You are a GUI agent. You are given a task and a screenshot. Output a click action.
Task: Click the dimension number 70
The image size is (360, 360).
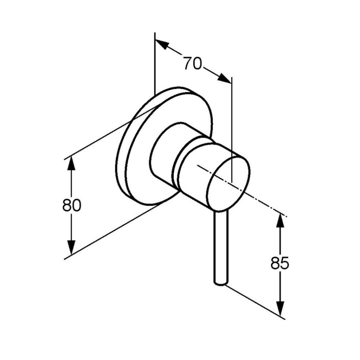pyautogui.click(x=192, y=63)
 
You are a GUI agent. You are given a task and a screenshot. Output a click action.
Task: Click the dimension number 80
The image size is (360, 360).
pyautogui.click(x=72, y=205)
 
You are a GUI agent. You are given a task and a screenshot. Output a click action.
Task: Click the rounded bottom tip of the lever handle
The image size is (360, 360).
pyautogui.click(x=221, y=284)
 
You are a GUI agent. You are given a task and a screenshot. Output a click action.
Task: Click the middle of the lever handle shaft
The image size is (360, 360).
pyautogui.click(x=221, y=247)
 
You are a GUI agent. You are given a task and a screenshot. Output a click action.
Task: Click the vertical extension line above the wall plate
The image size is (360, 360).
pyautogui.click(x=155, y=63)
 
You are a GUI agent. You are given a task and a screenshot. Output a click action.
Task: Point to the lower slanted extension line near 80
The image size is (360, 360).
pyautogui.click(x=115, y=231)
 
